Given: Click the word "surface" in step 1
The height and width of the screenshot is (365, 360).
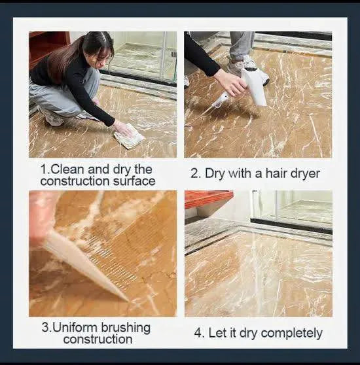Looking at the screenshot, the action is [x=134, y=181].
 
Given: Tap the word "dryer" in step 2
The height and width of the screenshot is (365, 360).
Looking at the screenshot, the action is [x=304, y=173].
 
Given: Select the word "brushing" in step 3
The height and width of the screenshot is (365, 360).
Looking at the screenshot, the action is [x=126, y=328].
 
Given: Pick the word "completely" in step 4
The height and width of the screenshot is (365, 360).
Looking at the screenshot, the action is [x=292, y=334].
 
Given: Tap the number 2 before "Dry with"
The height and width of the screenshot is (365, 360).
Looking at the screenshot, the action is [x=194, y=173].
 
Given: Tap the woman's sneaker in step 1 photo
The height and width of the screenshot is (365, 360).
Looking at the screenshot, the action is [x=51, y=118].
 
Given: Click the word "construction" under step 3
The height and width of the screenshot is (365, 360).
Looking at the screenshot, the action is [x=98, y=339].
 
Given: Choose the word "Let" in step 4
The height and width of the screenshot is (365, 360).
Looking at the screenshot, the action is [x=218, y=332].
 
